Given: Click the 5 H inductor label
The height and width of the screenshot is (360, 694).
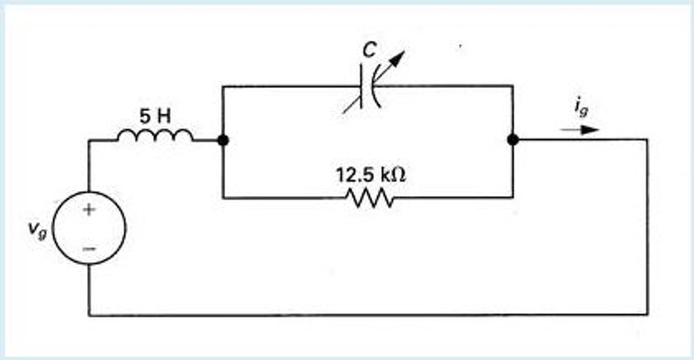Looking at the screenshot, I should tap(155, 116).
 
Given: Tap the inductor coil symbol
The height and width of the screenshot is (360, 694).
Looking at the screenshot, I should tap(155, 136).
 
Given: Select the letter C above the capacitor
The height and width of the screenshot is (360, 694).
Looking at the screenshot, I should tap(369, 50).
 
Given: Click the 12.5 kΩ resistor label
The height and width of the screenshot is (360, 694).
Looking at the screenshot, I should tap(370, 175).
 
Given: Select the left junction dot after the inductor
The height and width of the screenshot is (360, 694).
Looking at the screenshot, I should tap(223, 140).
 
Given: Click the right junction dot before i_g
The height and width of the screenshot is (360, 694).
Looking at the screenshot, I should tap(513, 139).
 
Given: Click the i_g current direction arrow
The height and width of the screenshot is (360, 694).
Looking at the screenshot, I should tap(580, 130).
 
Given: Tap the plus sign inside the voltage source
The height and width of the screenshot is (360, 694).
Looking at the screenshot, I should tap(89, 210).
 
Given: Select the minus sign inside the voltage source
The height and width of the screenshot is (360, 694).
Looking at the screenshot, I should tap(89, 249).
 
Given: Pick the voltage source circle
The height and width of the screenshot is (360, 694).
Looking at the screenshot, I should tap(89, 228).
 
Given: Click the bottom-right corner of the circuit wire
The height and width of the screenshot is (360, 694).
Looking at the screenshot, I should tap(647, 314).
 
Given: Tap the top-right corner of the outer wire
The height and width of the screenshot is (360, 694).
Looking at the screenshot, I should tap(647, 139).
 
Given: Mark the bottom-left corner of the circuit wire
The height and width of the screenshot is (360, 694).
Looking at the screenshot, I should tap(89, 315).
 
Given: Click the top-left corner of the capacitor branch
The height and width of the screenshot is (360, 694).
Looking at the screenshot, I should tap(223, 87).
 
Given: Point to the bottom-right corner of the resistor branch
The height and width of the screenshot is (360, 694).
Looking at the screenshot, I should tap(513, 197).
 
